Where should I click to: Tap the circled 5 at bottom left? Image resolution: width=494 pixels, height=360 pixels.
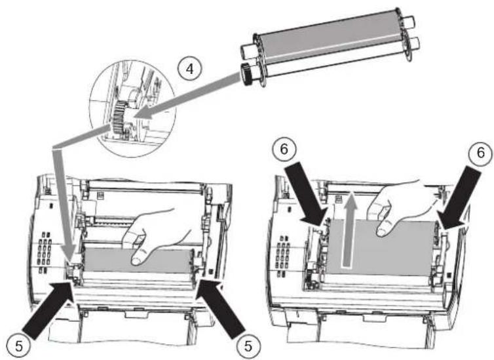tap(18, 343)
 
